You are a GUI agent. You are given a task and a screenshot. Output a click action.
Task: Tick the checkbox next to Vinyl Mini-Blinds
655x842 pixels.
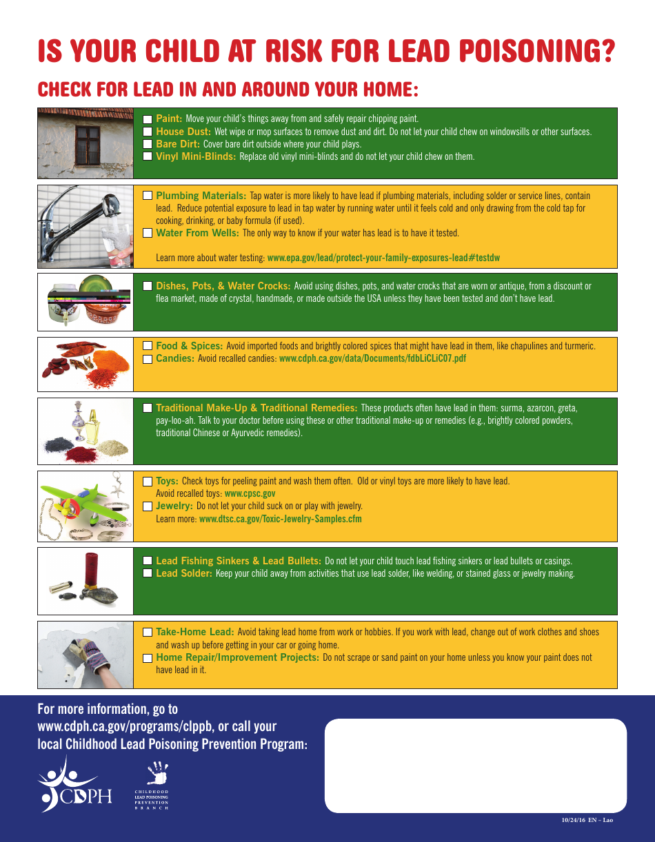(148, 156)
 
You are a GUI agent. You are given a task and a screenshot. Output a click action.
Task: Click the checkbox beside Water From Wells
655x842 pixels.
(148, 233)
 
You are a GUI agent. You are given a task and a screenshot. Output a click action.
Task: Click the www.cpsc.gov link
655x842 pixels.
(250, 494)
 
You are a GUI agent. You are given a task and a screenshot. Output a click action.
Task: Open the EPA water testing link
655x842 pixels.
(383, 258)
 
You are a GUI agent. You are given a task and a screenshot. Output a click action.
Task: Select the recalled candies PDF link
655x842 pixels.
(372, 359)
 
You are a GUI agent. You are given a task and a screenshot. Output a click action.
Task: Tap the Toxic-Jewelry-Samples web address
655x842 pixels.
(280, 520)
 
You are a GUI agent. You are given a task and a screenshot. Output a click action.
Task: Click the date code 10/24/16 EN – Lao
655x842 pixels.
(587, 820)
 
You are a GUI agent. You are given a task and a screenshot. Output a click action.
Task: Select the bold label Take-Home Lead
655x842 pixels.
(194, 632)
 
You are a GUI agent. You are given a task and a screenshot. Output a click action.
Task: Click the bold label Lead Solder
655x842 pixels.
(183, 573)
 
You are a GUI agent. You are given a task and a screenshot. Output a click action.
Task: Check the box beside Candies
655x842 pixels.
(148, 359)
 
